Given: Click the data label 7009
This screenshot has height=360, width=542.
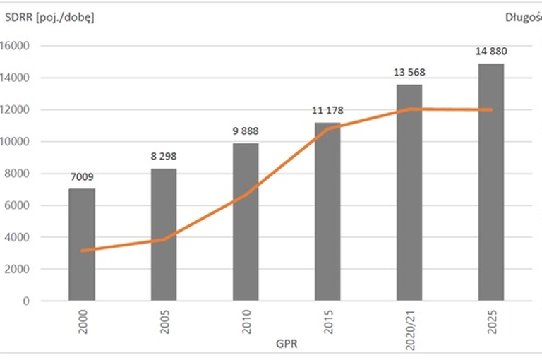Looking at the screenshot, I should pyautogui.click(x=82, y=176).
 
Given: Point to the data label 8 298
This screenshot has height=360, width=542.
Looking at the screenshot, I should pyautogui.click(x=164, y=156).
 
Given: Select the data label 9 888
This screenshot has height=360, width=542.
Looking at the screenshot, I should pyautogui.click(x=246, y=131).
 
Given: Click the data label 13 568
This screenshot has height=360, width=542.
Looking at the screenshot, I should pyautogui.click(x=409, y=72).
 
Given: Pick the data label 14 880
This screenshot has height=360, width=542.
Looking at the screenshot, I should pyautogui.click(x=491, y=51).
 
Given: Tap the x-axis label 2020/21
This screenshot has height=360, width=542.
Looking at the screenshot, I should pyautogui.click(x=410, y=325).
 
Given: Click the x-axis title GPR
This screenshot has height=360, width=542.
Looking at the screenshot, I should pyautogui.click(x=287, y=345).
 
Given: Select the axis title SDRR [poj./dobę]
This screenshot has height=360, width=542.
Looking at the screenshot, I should pyautogui.click(x=49, y=18).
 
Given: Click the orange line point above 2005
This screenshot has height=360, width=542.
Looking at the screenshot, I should pyautogui.click(x=164, y=239).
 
